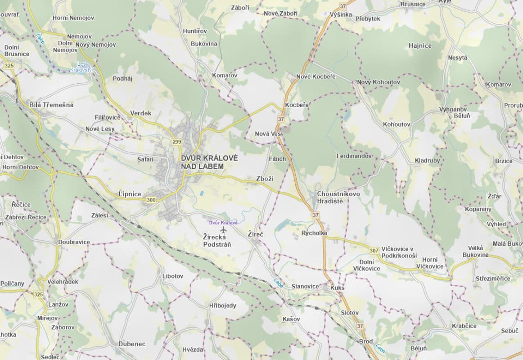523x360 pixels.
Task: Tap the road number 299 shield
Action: pyautogui.click(x=176, y=142)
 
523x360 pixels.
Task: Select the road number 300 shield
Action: pyautogui.click(x=151, y=200)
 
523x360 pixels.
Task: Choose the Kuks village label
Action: pyautogui.click(x=337, y=288)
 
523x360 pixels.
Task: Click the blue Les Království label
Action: pyautogui.click(x=81, y=67)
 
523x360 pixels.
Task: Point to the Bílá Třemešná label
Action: pyautogui.click(x=51, y=105)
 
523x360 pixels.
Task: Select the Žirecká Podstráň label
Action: pyautogui.click(x=217, y=240)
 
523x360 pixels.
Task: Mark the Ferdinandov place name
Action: pyautogui.click(x=354, y=156)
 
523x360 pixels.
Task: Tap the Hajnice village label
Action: pyautogui.click(x=420, y=45)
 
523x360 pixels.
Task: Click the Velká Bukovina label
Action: pyautogui.click(x=476, y=252)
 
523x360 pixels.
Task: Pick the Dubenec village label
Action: pyautogui.click(x=132, y=344)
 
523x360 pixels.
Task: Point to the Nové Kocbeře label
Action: pyautogui.click(x=316, y=76)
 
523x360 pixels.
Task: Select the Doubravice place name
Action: pyautogui.click(x=74, y=242)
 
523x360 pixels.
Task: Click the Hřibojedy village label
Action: pyautogui.click(x=223, y=306)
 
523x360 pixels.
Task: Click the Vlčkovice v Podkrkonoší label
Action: pyautogui.click(x=399, y=252)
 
